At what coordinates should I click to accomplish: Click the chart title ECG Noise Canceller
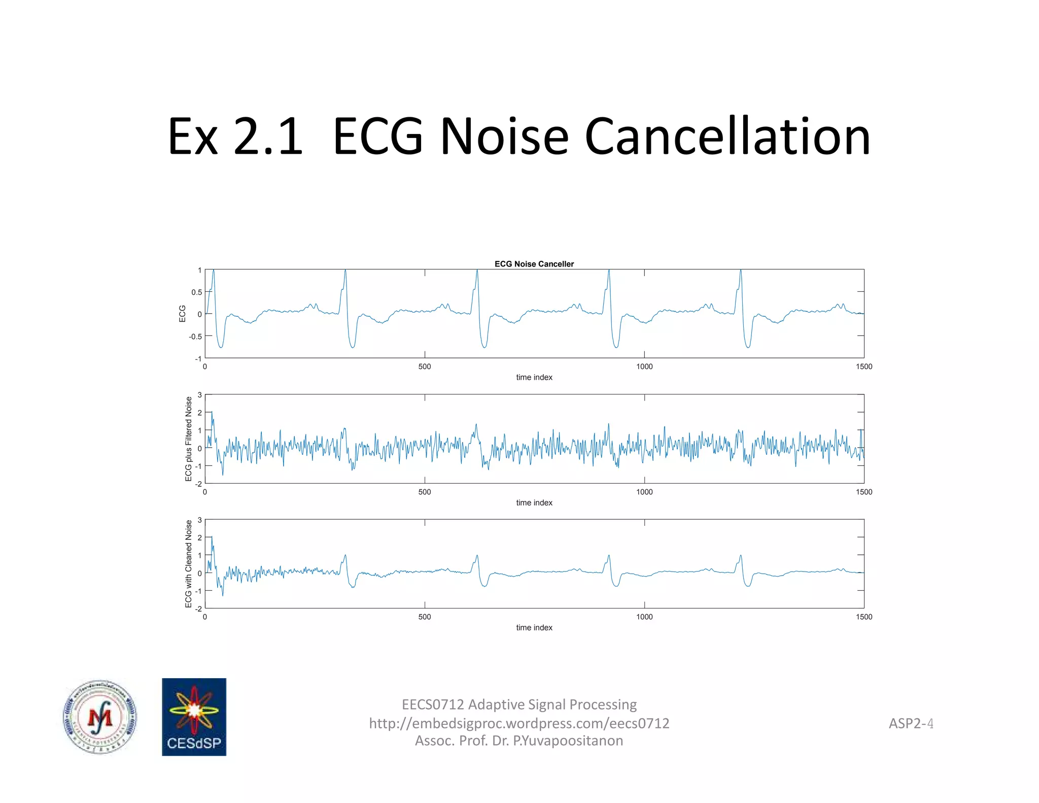point(534,264)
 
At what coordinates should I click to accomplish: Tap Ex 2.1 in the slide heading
point(235,137)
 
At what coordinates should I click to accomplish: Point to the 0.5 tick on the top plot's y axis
point(196,292)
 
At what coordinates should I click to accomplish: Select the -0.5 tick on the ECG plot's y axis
point(195,337)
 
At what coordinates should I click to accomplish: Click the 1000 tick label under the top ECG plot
point(644,366)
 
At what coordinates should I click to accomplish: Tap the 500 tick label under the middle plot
point(425,492)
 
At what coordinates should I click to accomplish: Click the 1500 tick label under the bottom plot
point(863,617)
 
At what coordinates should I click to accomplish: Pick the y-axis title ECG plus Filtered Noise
point(189,439)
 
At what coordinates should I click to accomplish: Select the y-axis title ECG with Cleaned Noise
point(189,563)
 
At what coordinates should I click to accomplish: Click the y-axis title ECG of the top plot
point(183,314)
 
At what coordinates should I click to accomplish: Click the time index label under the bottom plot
point(534,628)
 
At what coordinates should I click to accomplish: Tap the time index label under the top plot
point(534,377)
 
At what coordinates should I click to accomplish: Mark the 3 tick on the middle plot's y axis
point(200,395)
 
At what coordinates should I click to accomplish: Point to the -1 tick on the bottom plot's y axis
point(198,591)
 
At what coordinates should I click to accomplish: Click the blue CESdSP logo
point(194,717)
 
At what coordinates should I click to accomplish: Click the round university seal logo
point(100,717)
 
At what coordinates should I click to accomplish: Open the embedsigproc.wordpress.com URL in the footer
point(519,723)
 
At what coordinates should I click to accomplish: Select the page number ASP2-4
point(911,723)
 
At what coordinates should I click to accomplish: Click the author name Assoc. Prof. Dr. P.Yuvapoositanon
point(519,741)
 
